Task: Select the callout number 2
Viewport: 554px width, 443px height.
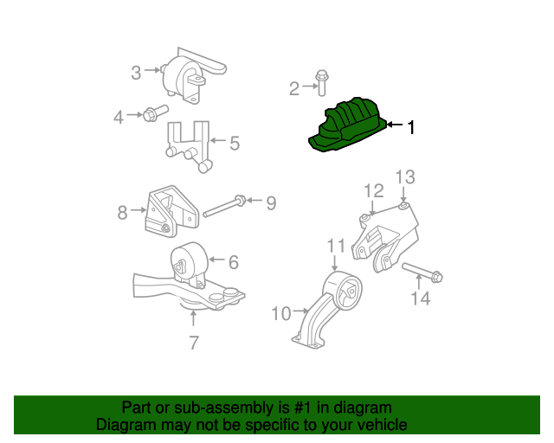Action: click(x=294, y=87)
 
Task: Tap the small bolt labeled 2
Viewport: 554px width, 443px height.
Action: click(x=321, y=82)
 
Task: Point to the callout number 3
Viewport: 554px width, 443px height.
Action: click(x=136, y=73)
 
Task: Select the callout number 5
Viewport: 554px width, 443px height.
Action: click(x=235, y=141)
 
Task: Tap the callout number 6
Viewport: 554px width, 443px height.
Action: click(x=234, y=260)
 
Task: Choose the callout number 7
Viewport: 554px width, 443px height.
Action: click(x=194, y=343)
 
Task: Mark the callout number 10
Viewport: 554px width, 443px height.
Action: click(x=281, y=313)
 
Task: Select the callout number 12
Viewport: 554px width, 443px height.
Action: click(x=373, y=190)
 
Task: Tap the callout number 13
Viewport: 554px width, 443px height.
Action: click(x=405, y=177)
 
